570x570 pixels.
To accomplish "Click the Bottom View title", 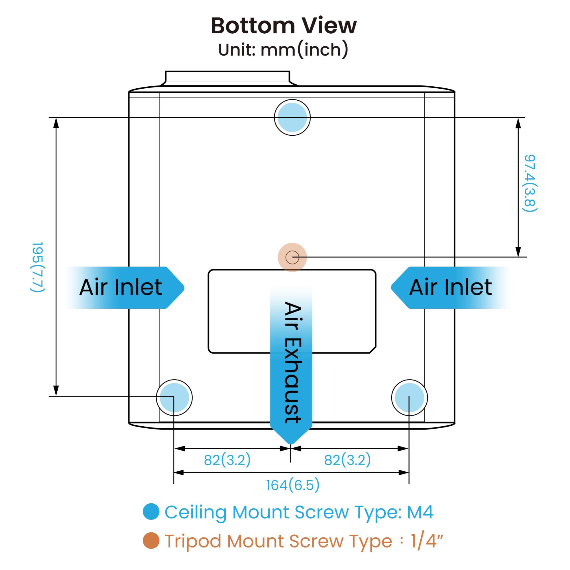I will point(284,26).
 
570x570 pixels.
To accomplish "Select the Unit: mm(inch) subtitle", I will point(283,50).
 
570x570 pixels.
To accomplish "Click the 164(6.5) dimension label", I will point(293,485).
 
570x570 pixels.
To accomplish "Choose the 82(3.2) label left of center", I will point(227,460).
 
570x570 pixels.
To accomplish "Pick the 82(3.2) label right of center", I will point(347,460).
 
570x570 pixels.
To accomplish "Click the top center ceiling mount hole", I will point(292,117).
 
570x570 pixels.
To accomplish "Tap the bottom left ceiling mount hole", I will point(174,397).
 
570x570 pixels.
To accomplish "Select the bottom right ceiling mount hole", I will point(409,397).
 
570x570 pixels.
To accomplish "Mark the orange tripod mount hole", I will point(292,257).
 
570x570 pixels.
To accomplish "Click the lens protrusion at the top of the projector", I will point(227,78).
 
